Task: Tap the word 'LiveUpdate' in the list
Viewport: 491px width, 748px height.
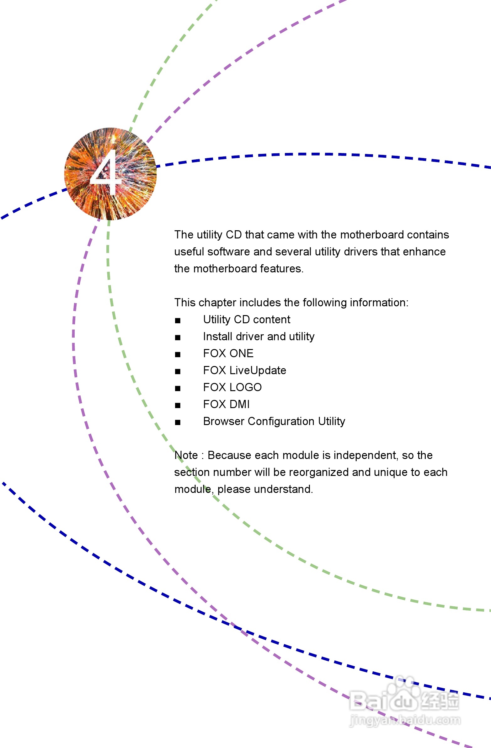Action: tap(258, 370)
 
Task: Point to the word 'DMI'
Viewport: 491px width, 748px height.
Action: tap(239, 404)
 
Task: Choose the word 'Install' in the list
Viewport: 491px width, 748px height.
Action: tap(218, 336)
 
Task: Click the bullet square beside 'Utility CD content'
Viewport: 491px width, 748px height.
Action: tap(178, 320)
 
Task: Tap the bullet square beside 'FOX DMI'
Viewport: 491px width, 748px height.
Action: tap(178, 405)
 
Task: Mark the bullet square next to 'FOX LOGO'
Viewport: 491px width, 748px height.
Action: tap(178, 388)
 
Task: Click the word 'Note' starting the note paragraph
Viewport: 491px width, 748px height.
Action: tap(186, 455)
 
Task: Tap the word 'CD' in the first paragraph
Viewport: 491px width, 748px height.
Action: tap(233, 234)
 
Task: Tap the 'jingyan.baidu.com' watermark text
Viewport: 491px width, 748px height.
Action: tap(405, 720)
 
